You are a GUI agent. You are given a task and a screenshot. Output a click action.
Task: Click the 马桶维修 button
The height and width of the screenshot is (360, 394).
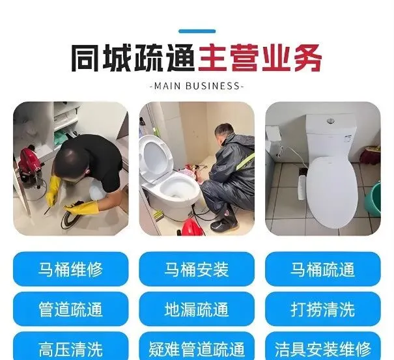(70, 269)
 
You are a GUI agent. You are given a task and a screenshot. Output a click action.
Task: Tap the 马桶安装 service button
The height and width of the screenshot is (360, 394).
(197, 269)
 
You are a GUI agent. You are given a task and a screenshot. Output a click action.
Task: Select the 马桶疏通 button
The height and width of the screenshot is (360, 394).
(323, 269)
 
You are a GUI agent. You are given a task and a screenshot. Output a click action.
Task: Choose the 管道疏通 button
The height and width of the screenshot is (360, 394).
(70, 309)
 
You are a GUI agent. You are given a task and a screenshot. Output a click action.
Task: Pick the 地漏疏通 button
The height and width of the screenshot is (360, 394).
(197, 309)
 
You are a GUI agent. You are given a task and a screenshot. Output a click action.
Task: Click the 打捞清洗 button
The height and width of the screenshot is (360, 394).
(323, 309)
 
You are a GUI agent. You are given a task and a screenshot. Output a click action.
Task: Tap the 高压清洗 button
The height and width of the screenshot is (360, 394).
(70, 347)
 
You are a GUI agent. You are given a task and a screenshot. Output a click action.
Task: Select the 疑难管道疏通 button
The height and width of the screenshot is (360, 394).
(197, 347)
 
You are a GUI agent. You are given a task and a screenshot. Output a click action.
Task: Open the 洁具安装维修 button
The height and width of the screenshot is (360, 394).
(323, 347)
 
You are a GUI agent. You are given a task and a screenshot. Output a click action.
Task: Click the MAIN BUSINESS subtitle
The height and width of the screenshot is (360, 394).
(197, 86)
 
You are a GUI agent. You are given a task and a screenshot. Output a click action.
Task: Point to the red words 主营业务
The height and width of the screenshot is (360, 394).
(260, 58)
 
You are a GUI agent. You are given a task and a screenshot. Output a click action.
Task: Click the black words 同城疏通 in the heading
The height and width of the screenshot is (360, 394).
(133, 58)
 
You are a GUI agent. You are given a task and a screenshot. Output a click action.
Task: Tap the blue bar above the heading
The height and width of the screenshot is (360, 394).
(197, 31)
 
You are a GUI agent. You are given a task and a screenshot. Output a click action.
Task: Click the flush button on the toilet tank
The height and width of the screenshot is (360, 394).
(331, 121)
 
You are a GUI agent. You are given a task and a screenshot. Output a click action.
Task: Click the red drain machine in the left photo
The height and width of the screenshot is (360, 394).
(30, 165)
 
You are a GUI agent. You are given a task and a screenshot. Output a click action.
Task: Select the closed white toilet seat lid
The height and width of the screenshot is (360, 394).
(332, 191)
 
